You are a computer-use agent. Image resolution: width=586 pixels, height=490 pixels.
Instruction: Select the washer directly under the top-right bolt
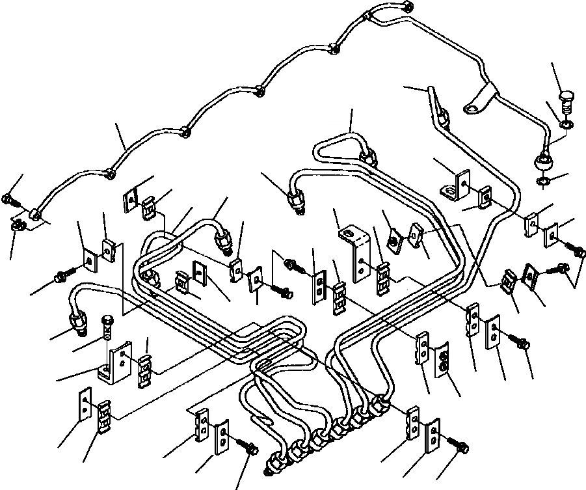tap(567, 122)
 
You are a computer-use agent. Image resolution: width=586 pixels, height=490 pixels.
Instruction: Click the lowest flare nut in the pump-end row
tap(276, 465)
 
